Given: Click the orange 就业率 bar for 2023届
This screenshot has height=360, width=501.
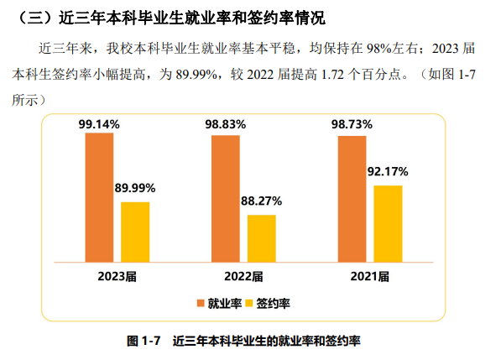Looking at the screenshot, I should coord(98,197).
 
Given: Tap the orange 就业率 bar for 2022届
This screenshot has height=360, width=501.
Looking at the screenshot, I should coord(225,198).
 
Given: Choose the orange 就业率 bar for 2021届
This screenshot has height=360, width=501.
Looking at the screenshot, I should coord(352,199).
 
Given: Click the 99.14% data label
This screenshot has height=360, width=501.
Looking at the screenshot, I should coord(99,123).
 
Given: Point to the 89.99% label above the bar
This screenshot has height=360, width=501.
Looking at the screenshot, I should coord(135,189).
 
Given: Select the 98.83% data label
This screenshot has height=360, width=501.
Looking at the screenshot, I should coord(225,124).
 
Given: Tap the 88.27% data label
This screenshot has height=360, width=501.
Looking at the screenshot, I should coord(261,201).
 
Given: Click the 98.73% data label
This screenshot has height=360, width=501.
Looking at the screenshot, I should coord(352,124).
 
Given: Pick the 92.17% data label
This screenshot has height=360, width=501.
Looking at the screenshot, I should coord(388,172).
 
